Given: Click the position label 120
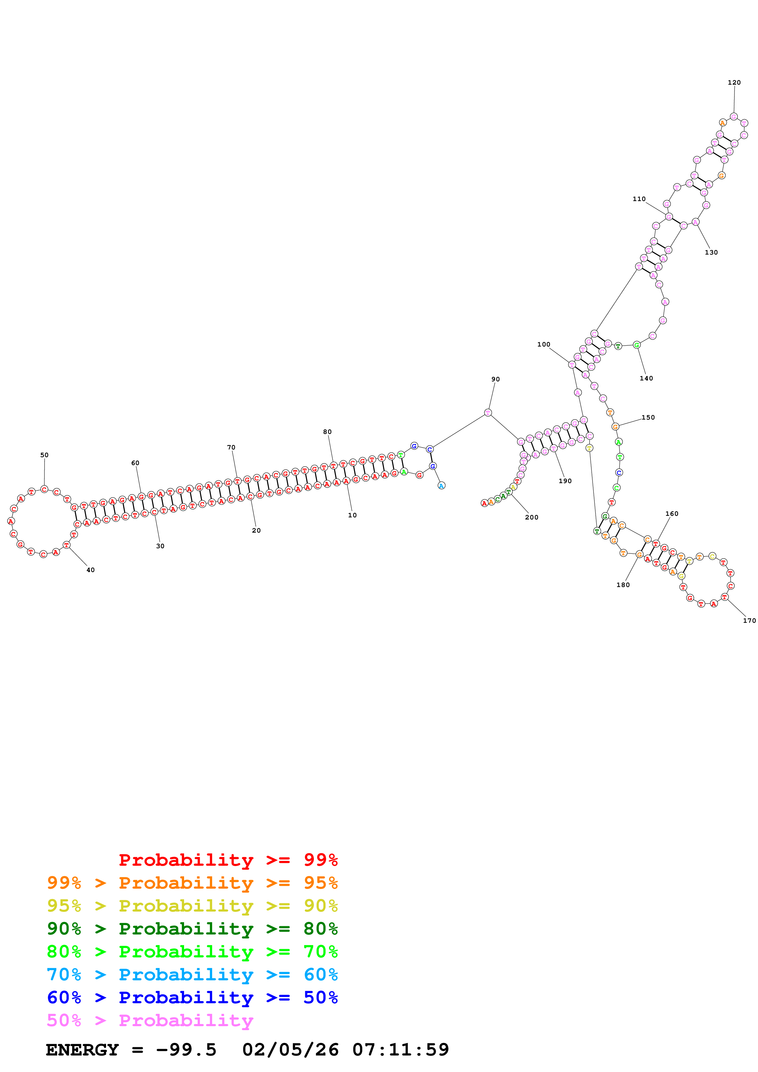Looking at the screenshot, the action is point(734,83).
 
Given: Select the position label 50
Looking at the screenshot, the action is point(44,455).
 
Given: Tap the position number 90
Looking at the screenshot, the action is point(496,379).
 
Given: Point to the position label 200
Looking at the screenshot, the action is point(531,517).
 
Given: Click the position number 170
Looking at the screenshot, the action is point(749,621).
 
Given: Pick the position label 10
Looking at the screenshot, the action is point(352,515).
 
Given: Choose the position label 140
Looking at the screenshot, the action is point(646,378).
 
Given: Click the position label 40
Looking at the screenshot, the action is point(91,570).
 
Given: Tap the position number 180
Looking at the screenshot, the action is point(623,585).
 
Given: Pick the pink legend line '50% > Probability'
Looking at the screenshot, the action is point(150,1021).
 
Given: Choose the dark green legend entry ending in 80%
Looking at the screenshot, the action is point(192,929).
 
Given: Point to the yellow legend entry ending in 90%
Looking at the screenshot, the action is point(192,906).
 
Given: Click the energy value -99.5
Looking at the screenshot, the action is point(186,1050).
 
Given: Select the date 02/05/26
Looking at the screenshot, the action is point(290,1050).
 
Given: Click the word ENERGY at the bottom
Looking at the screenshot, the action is point(82,1050).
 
